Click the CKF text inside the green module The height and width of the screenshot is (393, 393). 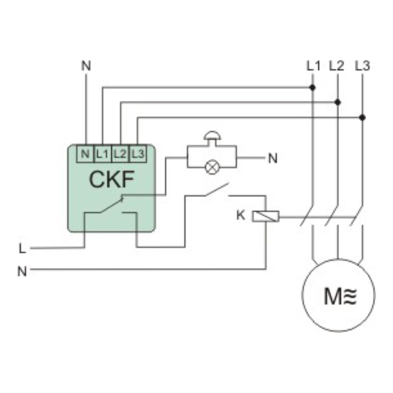(x=112, y=179)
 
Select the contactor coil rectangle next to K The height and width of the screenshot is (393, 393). (x=266, y=216)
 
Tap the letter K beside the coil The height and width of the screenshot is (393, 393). (x=241, y=215)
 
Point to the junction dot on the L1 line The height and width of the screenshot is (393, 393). (x=313, y=87)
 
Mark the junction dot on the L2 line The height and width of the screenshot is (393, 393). (x=338, y=102)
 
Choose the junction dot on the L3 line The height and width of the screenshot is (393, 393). (x=362, y=118)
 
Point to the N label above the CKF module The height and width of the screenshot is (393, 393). (x=86, y=66)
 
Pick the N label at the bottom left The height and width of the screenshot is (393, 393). (x=22, y=271)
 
